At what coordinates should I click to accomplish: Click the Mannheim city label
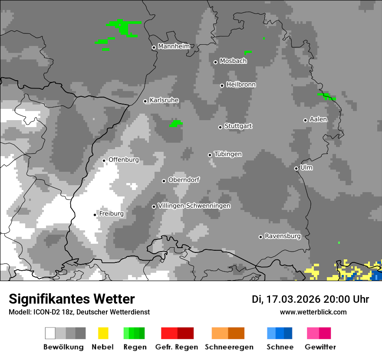(x=174, y=46)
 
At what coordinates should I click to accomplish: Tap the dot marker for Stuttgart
(x=220, y=127)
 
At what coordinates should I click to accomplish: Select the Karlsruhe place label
(x=164, y=100)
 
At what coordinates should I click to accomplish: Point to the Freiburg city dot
(x=95, y=215)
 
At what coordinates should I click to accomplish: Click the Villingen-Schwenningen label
(x=194, y=206)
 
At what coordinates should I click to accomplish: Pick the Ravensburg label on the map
(x=283, y=236)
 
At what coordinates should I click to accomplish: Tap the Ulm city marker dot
(x=296, y=168)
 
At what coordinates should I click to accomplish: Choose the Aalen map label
(x=318, y=119)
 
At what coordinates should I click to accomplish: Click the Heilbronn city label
(x=241, y=85)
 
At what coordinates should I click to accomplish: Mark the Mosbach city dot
(x=215, y=62)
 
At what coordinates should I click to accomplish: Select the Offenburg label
(x=124, y=160)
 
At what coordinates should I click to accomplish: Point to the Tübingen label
(x=228, y=154)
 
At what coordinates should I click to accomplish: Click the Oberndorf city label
(x=184, y=180)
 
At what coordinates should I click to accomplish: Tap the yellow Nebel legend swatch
(x=103, y=333)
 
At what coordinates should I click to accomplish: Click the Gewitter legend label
(x=320, y=347)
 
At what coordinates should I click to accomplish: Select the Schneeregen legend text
(x=229, y=347)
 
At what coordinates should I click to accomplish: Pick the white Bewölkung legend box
(x=50, y=333)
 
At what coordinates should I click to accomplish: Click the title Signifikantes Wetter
(x=72, y=299)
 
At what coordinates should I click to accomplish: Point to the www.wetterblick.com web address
(x=313, y=312)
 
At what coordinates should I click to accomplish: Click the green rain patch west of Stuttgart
(x=175, y=124)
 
